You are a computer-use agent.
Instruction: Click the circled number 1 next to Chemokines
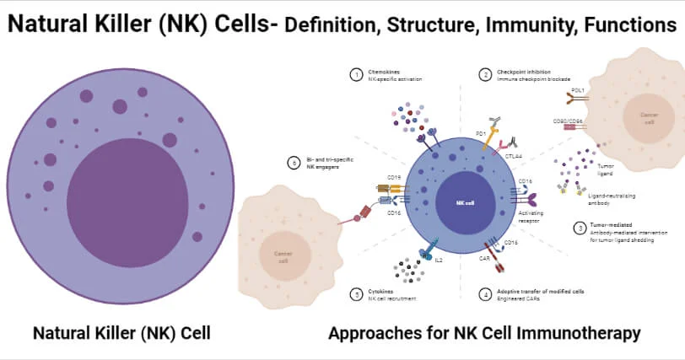(356, 74)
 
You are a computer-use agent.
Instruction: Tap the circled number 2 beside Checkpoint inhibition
(486, 74)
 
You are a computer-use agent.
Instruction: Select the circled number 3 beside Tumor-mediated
(580, 228)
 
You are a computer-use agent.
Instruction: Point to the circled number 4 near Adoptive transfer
(486, 295)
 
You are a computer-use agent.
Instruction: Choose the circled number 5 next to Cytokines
(356, 294)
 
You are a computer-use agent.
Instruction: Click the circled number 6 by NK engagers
(294, 163)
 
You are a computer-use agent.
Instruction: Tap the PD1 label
(478, 132)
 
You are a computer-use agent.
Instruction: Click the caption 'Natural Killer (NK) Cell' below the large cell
(121, 333)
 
